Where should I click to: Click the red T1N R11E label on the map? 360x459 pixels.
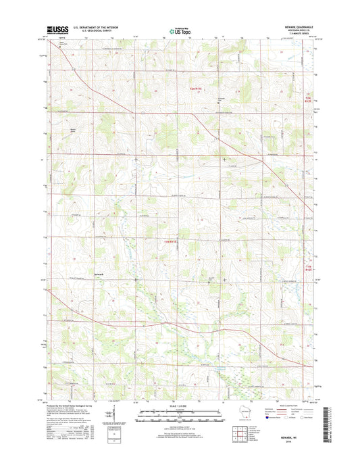click(174, 241)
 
